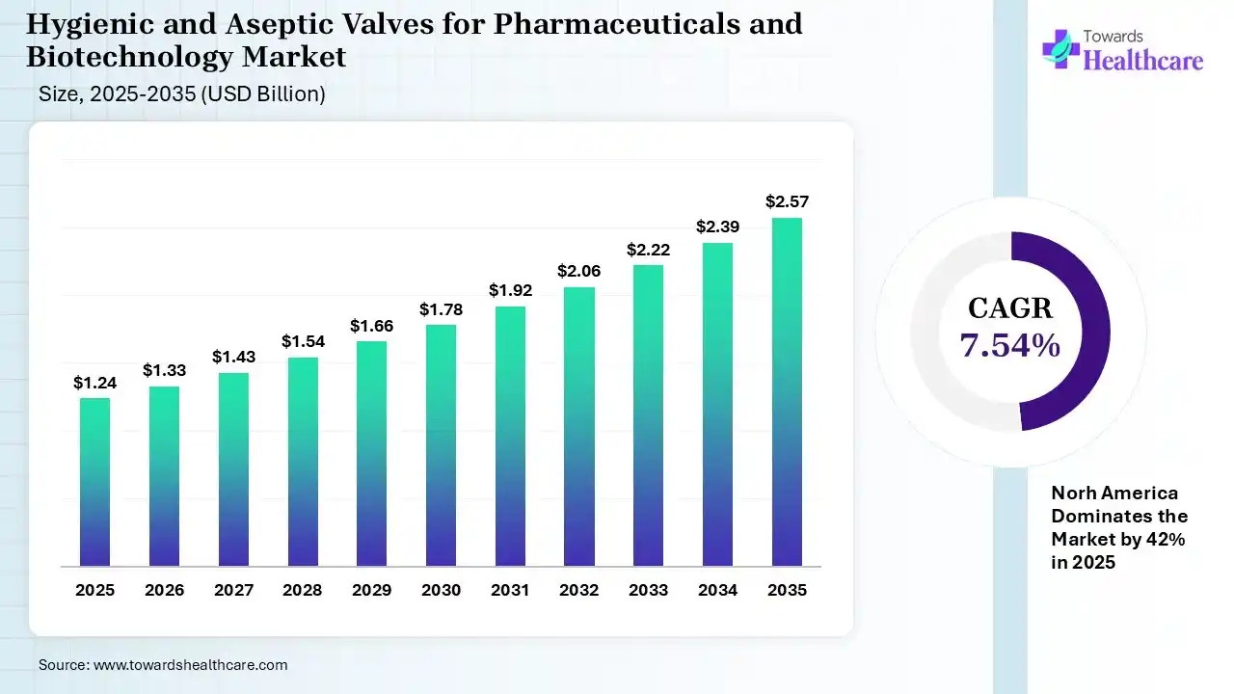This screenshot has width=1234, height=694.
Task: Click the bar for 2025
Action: point(94,482)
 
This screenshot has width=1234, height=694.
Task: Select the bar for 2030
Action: point(442,445)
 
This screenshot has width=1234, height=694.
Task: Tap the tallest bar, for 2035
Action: point(787,392)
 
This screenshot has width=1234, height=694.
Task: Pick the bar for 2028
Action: point(303,462)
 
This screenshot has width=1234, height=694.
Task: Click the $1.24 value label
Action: point(94,383)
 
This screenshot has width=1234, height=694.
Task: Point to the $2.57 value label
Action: point(787,201)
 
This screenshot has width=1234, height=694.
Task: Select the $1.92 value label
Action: point(510,289)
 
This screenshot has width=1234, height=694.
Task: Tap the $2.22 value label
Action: point(649,250)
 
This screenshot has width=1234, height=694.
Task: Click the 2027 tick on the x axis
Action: point(233,590)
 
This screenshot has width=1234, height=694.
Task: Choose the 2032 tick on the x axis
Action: point(579,590)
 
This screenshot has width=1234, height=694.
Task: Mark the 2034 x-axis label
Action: point(717,590)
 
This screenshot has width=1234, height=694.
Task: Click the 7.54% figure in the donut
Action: point(1010,345)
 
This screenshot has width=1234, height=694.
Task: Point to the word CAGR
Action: point(1010,308)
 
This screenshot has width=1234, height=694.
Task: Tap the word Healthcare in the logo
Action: point(1143,61)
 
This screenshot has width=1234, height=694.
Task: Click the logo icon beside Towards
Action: point(1060,48)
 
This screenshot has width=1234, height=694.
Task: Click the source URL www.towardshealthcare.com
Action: point(190,664)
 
